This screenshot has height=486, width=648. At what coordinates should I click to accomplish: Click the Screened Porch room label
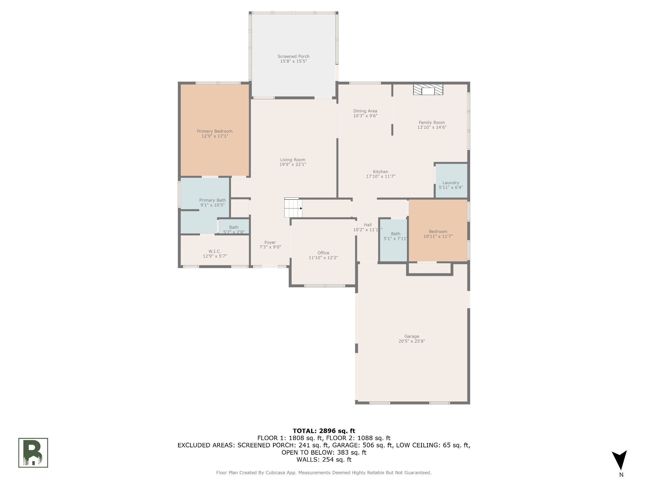pos(293,56)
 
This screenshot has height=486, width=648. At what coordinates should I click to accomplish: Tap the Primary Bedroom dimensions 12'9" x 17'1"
pos(215,136)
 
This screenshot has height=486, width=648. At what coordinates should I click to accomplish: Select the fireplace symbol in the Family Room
pos(428,90)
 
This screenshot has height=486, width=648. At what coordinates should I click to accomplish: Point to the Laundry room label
pos(451,183)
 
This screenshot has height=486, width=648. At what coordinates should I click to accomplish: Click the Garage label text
pos(412,336)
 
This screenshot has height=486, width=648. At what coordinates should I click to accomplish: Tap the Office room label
pos(323,253)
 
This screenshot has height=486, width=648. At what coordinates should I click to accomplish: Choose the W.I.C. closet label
pos(215,251)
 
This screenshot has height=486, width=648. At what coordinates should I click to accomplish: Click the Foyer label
pos(270,242)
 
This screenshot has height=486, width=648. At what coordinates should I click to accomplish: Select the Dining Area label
pos(365,111)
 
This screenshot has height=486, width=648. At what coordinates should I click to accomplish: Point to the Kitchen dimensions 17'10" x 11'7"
pos(381,177)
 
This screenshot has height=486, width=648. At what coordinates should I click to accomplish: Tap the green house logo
pos(33,453)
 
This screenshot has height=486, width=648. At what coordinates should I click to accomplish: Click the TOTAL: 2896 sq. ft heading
pos(324,431)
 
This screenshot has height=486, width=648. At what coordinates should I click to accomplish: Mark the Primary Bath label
pos(212,200)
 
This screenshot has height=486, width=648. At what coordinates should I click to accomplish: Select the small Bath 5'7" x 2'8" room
pos(234,227)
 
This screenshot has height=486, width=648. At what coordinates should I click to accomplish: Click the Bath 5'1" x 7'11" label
pos(396,236)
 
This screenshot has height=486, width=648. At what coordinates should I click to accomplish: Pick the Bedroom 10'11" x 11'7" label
pos(438,234)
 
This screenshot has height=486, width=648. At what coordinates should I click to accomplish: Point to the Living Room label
pos(293,160)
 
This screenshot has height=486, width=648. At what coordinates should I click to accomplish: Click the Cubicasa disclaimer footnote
pos(324,473)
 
